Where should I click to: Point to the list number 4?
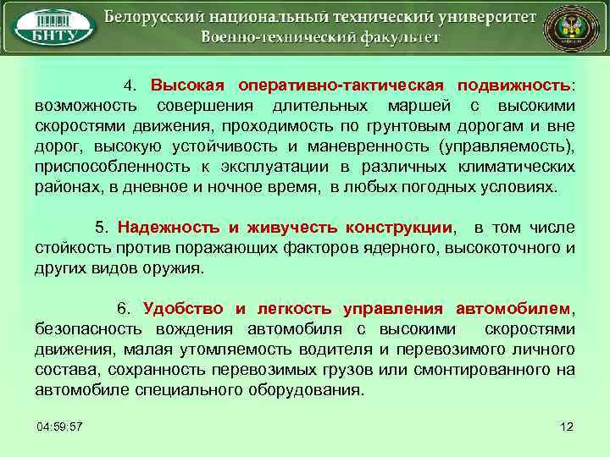129,86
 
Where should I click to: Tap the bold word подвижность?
514,86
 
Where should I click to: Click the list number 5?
101,228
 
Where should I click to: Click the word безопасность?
90,329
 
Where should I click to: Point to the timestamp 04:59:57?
59,424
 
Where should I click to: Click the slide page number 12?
567,424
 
